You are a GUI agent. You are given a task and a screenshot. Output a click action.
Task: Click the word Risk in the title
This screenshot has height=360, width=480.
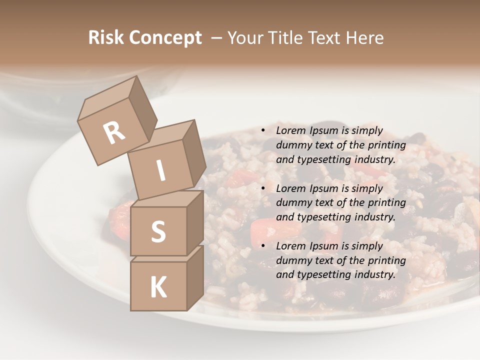click(106, 38)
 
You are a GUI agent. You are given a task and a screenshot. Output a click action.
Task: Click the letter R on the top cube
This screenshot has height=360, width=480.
click(114, 133)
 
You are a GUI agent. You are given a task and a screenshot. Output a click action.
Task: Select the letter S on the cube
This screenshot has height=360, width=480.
click(158, 231)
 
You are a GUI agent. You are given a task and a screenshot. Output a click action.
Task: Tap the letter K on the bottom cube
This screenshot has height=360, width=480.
click(158, 287)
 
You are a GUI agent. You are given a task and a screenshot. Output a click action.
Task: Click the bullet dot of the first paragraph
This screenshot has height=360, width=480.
click(263, 131)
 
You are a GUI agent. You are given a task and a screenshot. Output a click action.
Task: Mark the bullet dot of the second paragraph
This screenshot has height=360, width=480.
click(263, 188)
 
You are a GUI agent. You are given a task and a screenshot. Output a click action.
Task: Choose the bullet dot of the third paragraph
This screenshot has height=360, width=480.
click(263, 246)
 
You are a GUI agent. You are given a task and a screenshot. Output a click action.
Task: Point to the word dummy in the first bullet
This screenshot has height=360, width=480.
click(291, 145)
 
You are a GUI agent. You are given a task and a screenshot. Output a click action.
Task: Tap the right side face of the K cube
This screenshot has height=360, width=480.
click(195, 277)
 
